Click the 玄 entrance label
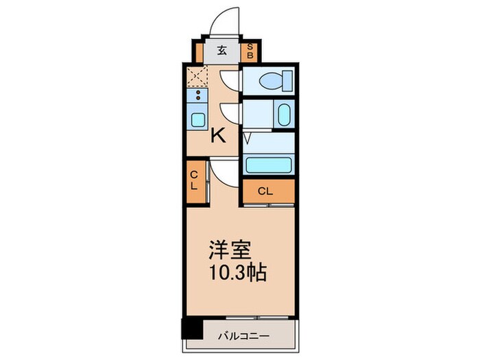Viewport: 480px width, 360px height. click(x=223, y=50)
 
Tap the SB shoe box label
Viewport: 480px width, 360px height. click(x=250, y=50)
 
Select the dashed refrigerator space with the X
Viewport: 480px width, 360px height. click(x=197, y=77)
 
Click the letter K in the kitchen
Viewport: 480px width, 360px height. click(x=217, y=136)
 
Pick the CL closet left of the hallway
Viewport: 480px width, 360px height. click(x=194, y=180)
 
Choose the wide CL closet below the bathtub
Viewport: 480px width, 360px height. click(x=267, y=191)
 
